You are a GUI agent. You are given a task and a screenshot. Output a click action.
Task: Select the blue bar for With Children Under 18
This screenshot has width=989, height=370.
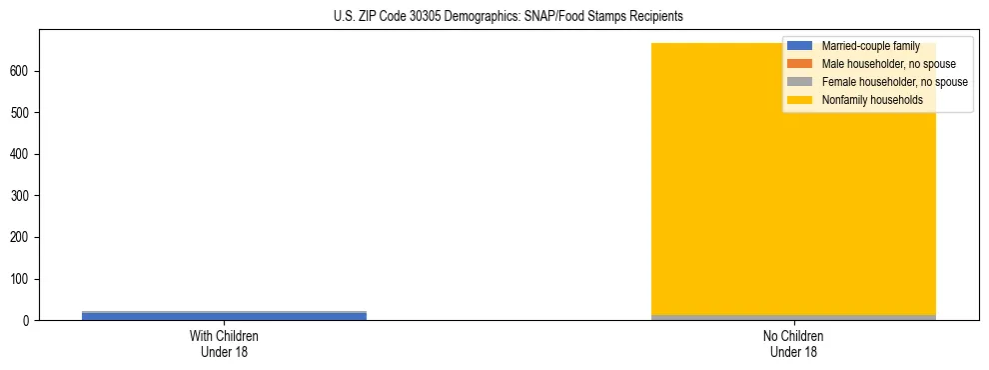click(x=224, y=316)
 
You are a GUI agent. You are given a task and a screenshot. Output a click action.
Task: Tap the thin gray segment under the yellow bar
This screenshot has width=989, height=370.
click(x=793, y=317)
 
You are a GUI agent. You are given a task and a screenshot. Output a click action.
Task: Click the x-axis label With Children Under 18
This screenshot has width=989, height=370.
click(x=224, y=344)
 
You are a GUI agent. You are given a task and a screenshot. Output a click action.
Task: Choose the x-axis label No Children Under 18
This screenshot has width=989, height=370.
click(x=793, y=344)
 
